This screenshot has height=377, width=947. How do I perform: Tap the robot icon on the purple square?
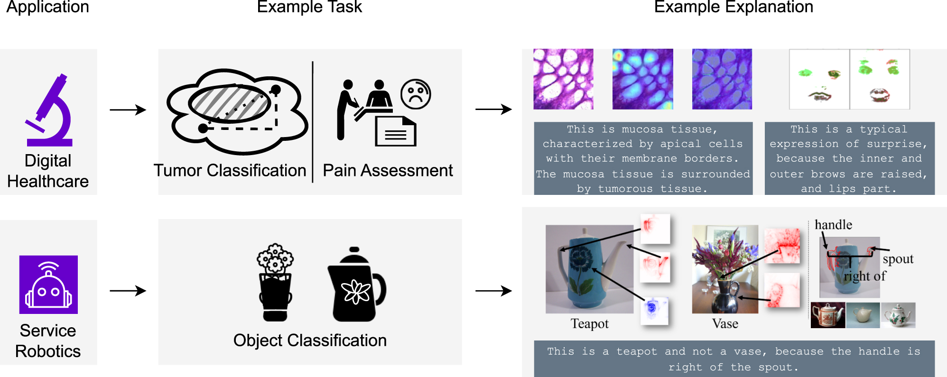[48, 285]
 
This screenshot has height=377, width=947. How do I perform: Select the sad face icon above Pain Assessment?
[416, 94]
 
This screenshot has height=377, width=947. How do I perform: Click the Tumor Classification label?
[230, 170]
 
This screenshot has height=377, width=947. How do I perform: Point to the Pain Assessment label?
[388, 170]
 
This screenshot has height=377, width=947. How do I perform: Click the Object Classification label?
[310, 340]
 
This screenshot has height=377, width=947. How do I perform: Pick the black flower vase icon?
[275, 283]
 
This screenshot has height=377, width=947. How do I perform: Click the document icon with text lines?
[395, 131]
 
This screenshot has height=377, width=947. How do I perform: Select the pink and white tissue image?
[563, 79]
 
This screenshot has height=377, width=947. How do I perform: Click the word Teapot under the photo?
[589, 323]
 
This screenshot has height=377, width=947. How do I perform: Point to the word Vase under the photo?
[725, 323]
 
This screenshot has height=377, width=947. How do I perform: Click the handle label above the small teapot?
[833, 224]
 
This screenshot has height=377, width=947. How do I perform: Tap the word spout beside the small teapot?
[898, 259]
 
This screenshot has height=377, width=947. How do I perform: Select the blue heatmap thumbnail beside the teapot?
[654, 311]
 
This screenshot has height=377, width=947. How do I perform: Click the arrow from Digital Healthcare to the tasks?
[128, 110]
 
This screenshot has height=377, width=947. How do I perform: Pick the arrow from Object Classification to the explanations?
[493, 291]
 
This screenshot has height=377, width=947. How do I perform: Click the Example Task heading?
[309, 7]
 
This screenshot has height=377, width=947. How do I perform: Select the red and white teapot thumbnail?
[827, 315]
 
